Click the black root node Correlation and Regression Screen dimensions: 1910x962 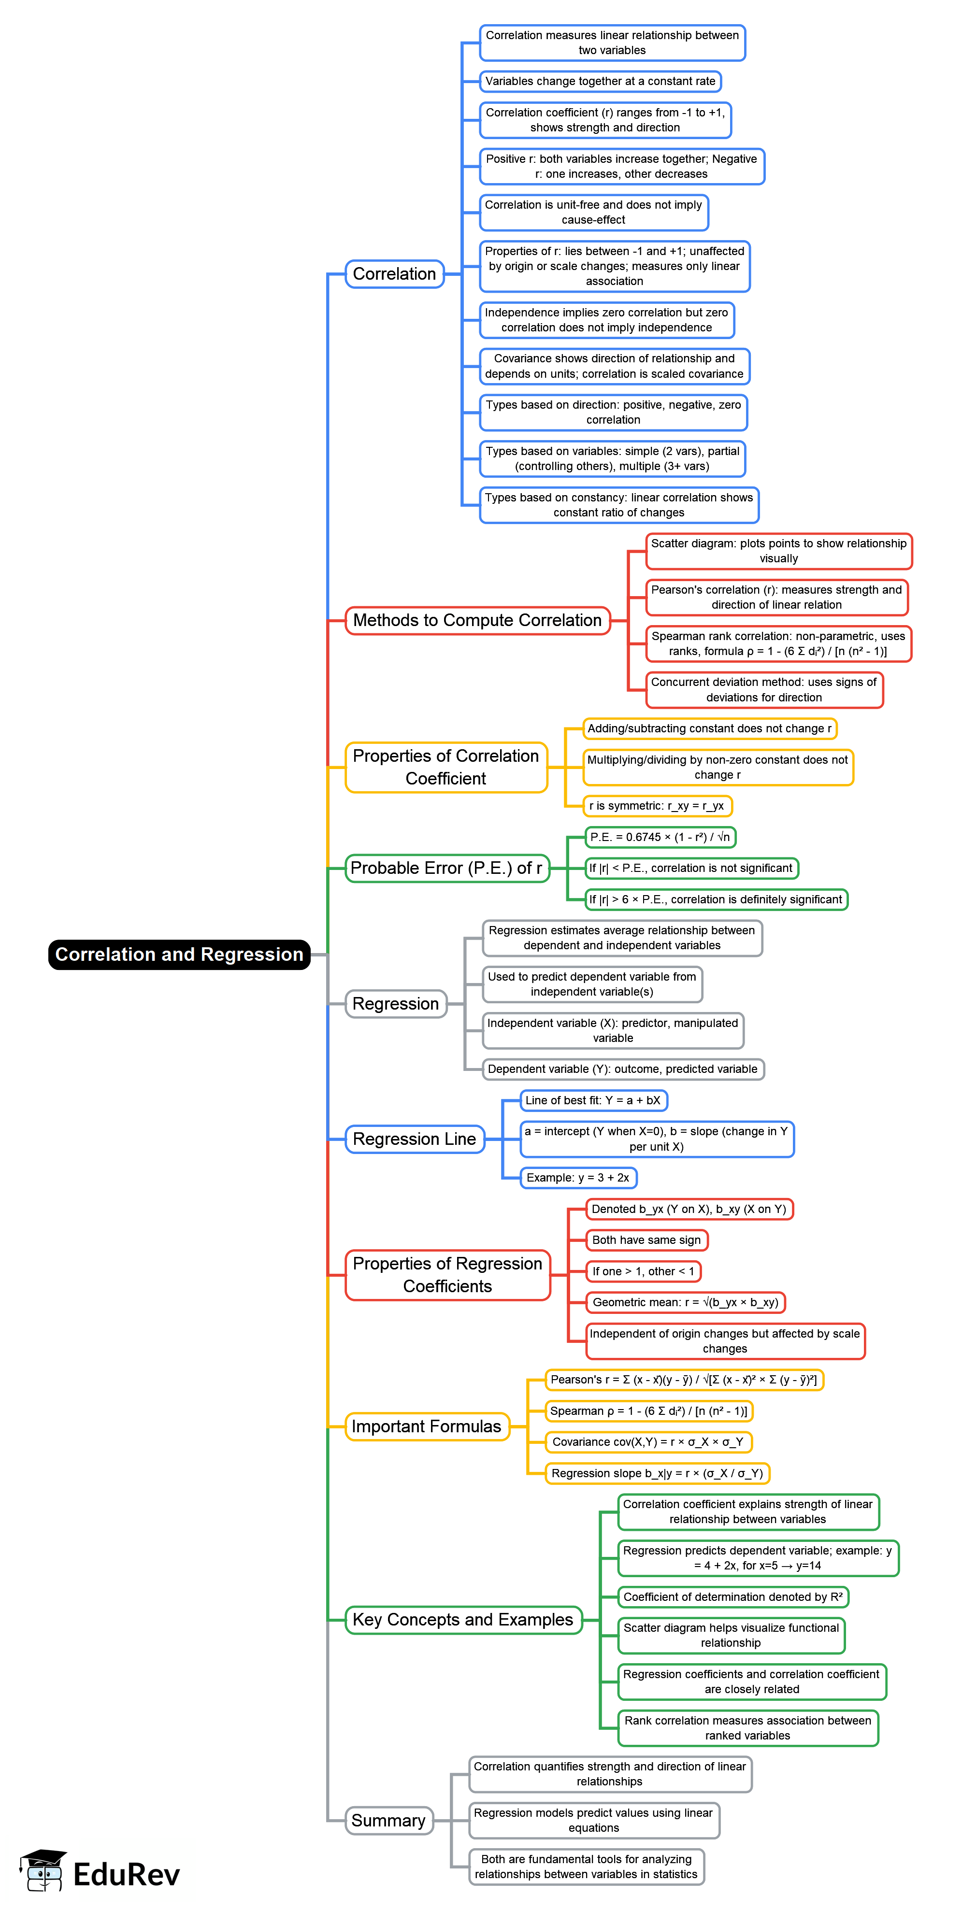[179, 954]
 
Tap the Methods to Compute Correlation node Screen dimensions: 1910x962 [477, 620]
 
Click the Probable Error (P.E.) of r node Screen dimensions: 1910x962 [446, 868]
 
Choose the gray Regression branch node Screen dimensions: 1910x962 [395, 1003]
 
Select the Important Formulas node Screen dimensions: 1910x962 [427, 1426]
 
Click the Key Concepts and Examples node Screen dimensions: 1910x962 [463, 1619]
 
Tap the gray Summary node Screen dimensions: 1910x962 [388, 1820]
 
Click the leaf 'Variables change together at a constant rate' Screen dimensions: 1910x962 [600, 81]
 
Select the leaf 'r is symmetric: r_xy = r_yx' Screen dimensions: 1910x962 [657, 805]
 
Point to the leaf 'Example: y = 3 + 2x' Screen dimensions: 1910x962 [578, 1177]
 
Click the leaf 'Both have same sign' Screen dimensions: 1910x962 [646, 1240]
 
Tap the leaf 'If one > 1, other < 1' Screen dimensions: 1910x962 [643, 1271]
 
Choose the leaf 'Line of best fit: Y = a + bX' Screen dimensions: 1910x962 [593, 1100]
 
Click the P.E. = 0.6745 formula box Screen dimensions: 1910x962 [660, 837]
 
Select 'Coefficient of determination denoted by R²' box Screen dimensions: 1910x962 [733, 1596]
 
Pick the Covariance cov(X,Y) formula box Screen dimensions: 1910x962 [647, 1441]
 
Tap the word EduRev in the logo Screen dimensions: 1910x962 [126, 1874]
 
